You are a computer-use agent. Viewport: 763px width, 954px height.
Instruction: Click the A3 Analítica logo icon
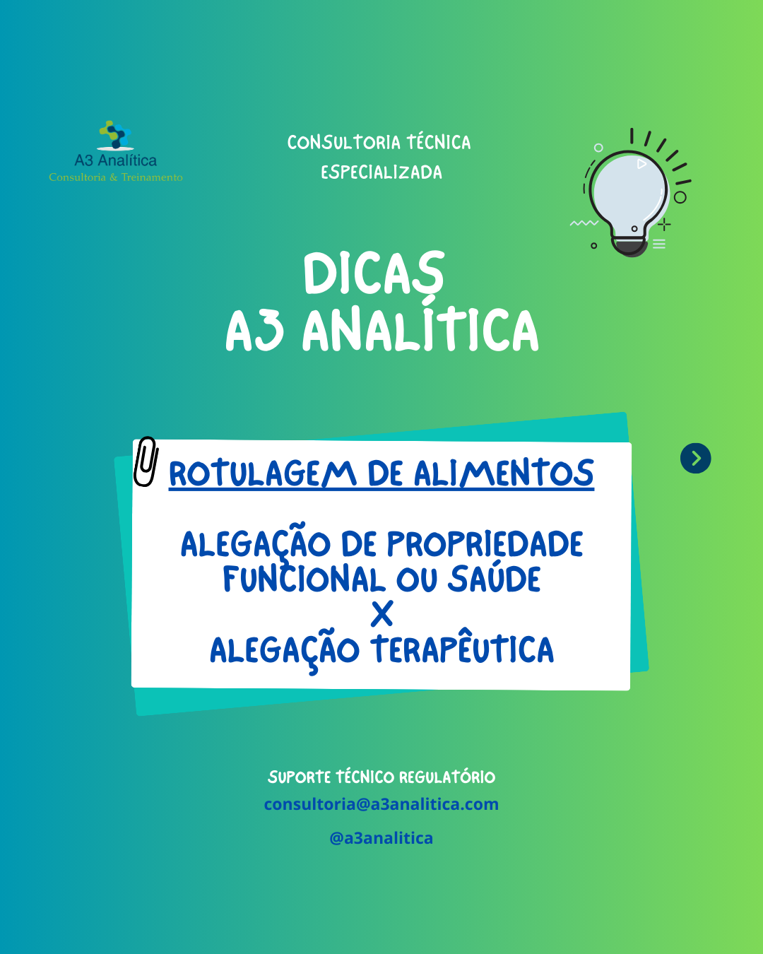click(x=115, y=135)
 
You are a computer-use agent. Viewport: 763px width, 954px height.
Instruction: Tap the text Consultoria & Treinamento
click(x=116, y=177)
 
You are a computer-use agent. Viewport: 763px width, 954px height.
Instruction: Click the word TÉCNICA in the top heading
click(x=439, y=142)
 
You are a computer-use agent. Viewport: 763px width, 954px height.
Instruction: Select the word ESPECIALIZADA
click(x=381, y=172)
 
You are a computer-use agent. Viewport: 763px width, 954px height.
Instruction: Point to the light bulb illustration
click(x=629, y=193)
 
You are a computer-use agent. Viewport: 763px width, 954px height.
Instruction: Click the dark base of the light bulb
click(x=629, y=247)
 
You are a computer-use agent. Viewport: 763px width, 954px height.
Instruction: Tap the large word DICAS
click(x=374, y=273)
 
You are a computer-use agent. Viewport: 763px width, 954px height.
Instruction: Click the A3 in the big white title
click(x=254, y=330)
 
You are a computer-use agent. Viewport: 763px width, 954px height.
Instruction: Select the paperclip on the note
click(x=146, y=461)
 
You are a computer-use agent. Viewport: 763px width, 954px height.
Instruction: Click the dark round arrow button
click(x=695, y=458)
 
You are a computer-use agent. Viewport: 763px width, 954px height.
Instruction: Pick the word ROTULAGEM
click(x=263, y=473)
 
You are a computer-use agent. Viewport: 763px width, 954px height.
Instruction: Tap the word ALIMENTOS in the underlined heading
click(x=504, y=473)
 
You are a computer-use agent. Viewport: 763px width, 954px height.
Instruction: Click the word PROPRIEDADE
click(x=485, y=543)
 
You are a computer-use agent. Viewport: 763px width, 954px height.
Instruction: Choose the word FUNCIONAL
click(x=304, y=579)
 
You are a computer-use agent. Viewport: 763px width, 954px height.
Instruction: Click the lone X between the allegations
click(x=381, y=613)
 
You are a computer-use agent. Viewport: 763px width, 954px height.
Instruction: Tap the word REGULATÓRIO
click(x=447, y=777)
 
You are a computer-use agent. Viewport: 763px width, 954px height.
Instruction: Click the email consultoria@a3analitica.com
click(x=381, y=804)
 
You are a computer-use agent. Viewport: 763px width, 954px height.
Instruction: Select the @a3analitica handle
click(x=381, y=838)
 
